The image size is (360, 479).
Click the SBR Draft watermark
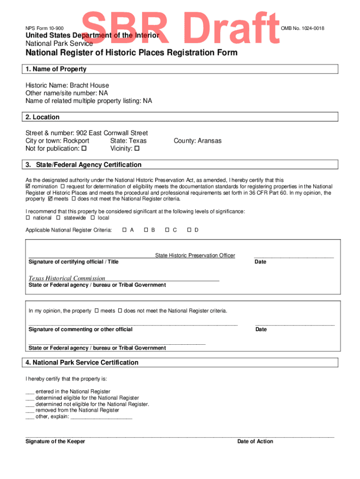tap(182, 29)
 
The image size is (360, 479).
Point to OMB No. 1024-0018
tap(302, 29)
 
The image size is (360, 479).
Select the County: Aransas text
tap(197, 141)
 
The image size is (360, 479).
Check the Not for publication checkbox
tap(84, 149)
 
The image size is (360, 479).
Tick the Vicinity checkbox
tap(137, 149)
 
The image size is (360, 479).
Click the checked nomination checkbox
tap(28, 187)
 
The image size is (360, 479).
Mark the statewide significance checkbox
tap(58, 218)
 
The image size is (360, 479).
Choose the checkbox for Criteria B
tap(146, 230)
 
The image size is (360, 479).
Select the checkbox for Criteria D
tap(189, 230)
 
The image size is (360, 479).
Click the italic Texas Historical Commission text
tap(67, 278)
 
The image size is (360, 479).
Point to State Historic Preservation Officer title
tap(195, 255)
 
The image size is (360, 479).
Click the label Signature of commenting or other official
tap(80, 329)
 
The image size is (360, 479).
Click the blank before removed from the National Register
tap(29, 410)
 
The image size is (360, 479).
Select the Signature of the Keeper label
tap(55, 442)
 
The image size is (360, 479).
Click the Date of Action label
tap(255, 442)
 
